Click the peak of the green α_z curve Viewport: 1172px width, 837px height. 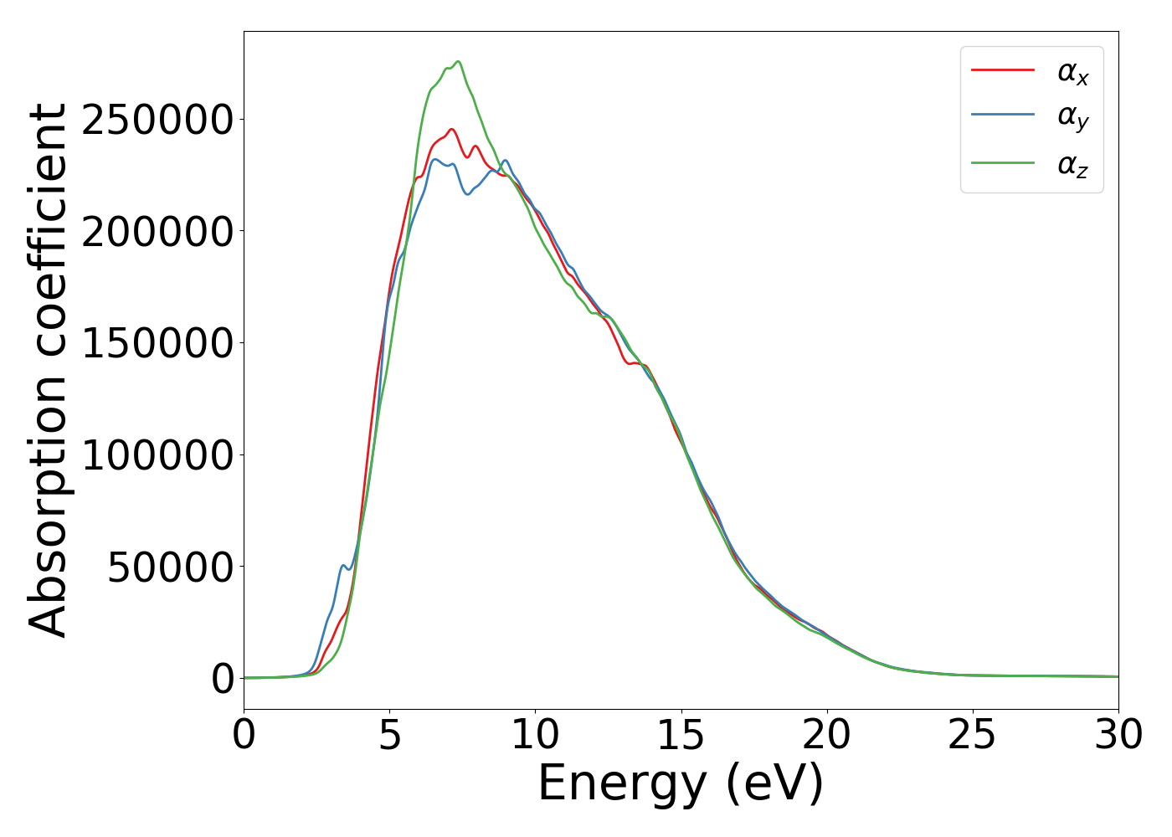click(458, 62)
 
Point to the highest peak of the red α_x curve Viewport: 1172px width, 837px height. click(451, 130)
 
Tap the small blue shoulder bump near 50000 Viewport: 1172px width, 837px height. click(342, 567)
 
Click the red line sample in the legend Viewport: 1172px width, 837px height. click(1002, 70)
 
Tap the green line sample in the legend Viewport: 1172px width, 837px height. click(1002, 163)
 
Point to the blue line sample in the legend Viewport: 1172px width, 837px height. click(1002, 116)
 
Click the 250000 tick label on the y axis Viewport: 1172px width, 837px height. click(157, 120)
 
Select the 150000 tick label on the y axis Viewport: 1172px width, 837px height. click(157, 343)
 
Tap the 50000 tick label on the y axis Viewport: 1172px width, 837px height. click(169, 567)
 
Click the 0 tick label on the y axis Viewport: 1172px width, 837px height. click(223, 679)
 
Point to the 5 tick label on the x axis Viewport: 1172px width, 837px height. click(390, 735)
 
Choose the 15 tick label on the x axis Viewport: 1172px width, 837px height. click(681, 735)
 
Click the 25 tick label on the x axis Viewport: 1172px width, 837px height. click(973, 735)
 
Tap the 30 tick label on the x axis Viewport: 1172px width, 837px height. click(1118, 735)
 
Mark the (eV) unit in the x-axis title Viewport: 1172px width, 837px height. click(774, 784)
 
